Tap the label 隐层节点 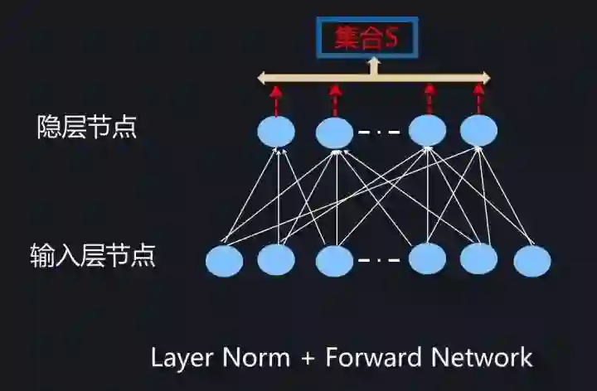pos(87,127)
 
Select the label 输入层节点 pos(93,254)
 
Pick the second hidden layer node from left pos(335,132)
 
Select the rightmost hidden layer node pos(478,130)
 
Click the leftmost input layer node pos(224,261)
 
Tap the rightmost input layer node pos(531,261)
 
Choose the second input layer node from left pos(276,259)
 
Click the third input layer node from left pos(335,261)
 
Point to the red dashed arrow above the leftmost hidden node pos(276,101)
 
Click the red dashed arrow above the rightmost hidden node pos(478,99)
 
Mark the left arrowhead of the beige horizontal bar pos(262,79)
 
